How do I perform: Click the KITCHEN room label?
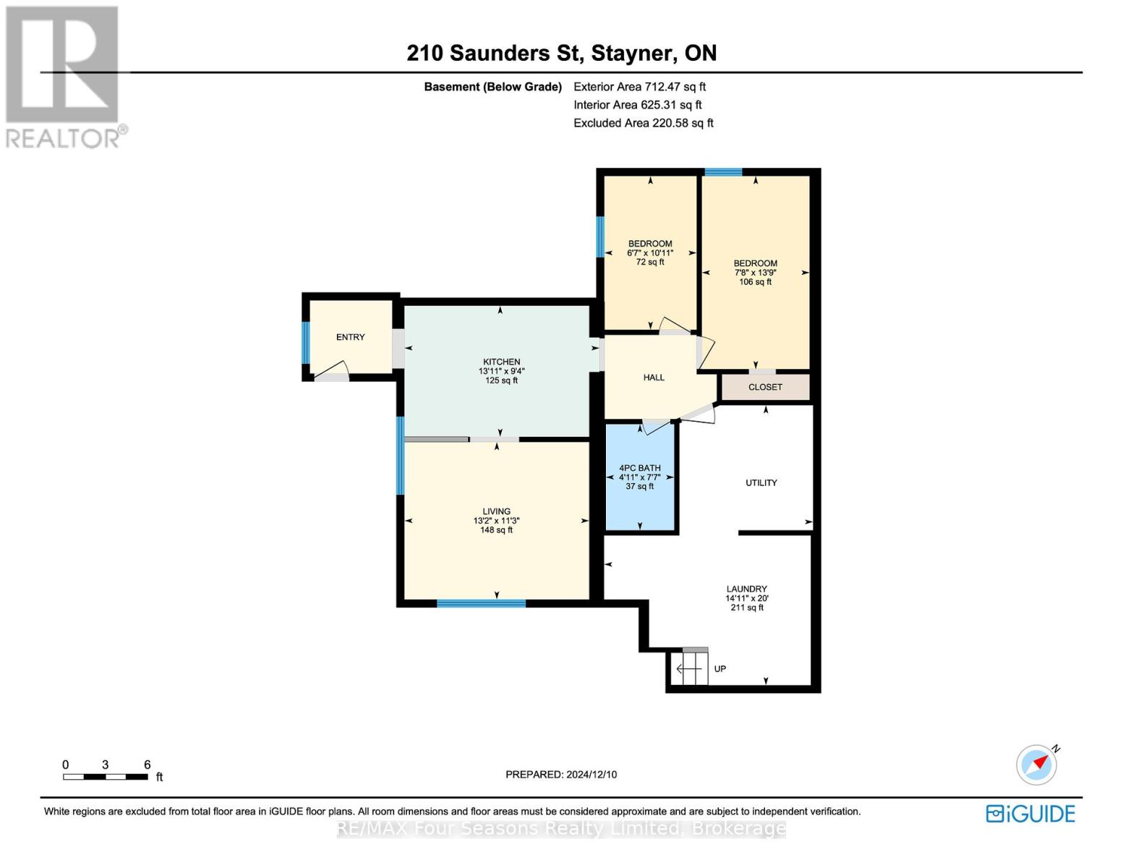click(x=501, y=362)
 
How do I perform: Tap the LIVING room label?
click(x=496, y=511)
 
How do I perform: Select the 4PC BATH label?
click(x=640, y=468)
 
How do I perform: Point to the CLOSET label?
click(x=765, y=387)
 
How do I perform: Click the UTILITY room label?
click(x=761, y=482)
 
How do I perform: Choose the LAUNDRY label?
click(x=747, y=589)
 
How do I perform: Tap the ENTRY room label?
click(x=350, y=337)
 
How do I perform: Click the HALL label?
click(x=654, y=378)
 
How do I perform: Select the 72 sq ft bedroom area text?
click(x=650, y=263)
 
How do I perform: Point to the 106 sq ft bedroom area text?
click(x=755, y=282)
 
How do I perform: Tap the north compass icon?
click(x=1037, y=764)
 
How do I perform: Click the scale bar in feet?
click(x=106, y=777)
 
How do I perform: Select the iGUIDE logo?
click(x=1030, y=814)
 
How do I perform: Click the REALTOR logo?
click(x=64, y=77)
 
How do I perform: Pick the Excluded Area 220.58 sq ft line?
click(x=643, y=123)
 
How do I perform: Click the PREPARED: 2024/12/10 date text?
click(x=561, y=775)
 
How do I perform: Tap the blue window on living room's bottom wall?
click(x=481, y=603)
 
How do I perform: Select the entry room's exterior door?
click(x=332, y=377)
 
